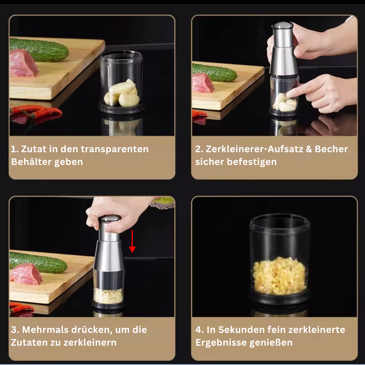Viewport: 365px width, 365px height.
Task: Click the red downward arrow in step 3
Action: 132,241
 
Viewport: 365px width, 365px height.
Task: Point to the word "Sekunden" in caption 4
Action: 241,330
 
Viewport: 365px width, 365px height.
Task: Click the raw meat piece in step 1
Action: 23,63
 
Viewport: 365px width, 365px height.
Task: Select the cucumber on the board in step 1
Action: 39,50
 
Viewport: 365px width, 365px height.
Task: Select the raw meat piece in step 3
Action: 26,274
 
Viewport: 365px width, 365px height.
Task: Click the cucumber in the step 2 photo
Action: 214,72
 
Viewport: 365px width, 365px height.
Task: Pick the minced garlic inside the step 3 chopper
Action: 108,296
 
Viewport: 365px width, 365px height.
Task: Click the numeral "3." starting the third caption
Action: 15,330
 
